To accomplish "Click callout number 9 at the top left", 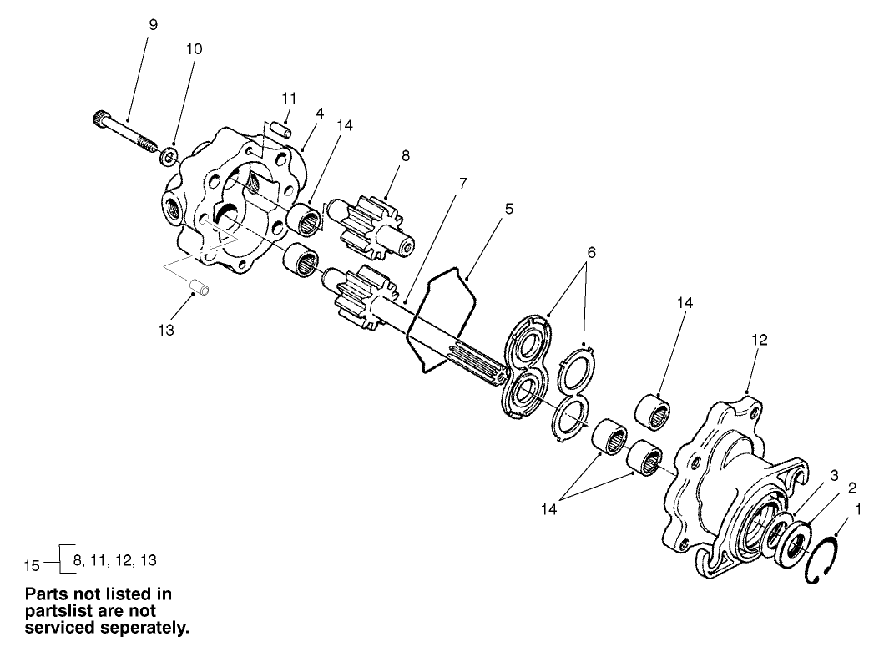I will pyautogui.click(x=153, y=25).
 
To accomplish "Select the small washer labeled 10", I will pyautogui.click(x=169, y=155).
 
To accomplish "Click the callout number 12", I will pyautogui.click(x=760, y=340).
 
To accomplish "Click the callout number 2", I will pyautogui.click(x=829, y=488).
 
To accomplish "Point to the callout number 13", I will pyautogui.click(x=167, y=330).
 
